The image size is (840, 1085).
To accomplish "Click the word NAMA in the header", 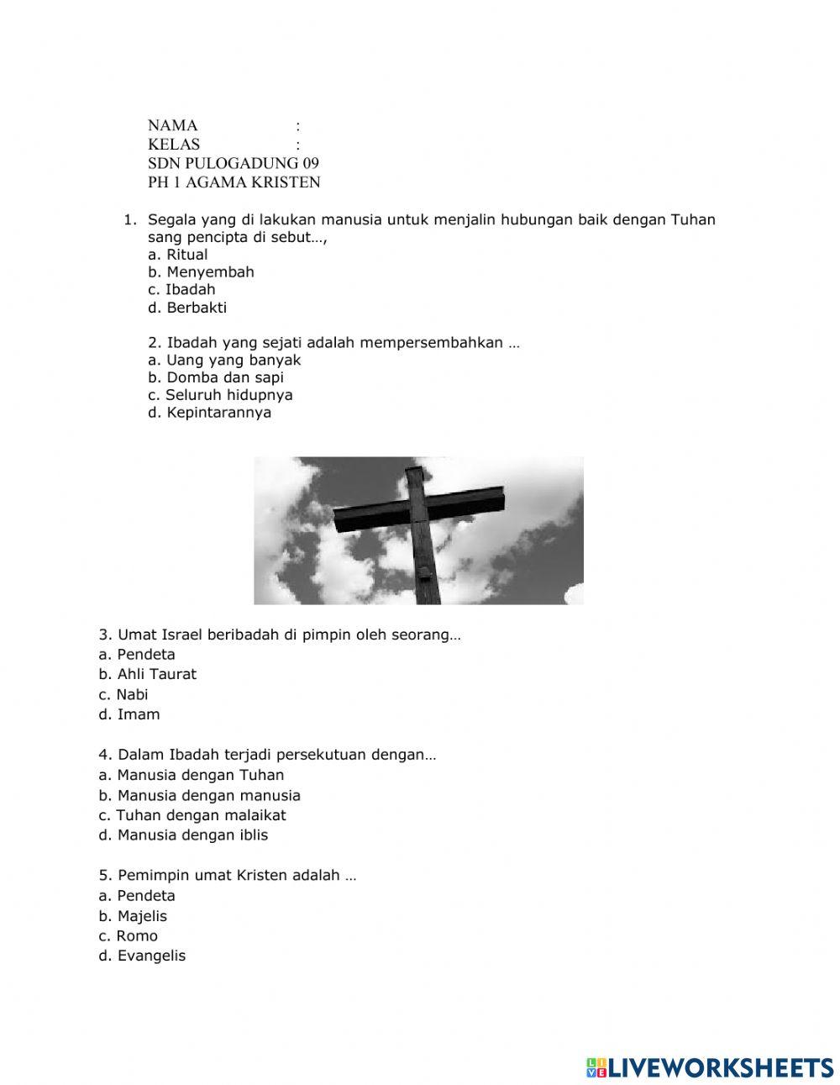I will (173, 126).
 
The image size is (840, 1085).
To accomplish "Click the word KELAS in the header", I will (174, 145).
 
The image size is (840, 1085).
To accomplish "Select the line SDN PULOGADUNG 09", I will (234, 163).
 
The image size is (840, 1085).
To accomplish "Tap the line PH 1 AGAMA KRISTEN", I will (234, 182).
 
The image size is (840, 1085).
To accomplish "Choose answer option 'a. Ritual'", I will (177, 255).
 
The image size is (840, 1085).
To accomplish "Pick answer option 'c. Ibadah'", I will (181, 290).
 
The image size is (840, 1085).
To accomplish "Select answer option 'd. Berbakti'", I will (187, 308).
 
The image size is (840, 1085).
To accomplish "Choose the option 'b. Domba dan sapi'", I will (216, 377).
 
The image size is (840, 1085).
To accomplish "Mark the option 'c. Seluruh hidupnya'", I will (220, 395).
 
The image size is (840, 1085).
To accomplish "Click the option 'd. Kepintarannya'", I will (209, 413).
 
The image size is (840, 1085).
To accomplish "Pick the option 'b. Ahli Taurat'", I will (147, 674).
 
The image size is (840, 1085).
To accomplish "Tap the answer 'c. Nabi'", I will (123, 694).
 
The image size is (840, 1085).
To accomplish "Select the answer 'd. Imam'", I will (129, 714).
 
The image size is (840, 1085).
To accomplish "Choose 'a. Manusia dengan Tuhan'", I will (191, 775).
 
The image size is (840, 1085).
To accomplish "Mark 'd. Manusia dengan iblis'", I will (183, 835).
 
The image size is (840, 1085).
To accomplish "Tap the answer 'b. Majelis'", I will (133, 916).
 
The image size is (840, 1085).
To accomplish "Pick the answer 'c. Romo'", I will (128, 936).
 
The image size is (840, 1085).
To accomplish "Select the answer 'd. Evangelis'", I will (142, 956).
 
